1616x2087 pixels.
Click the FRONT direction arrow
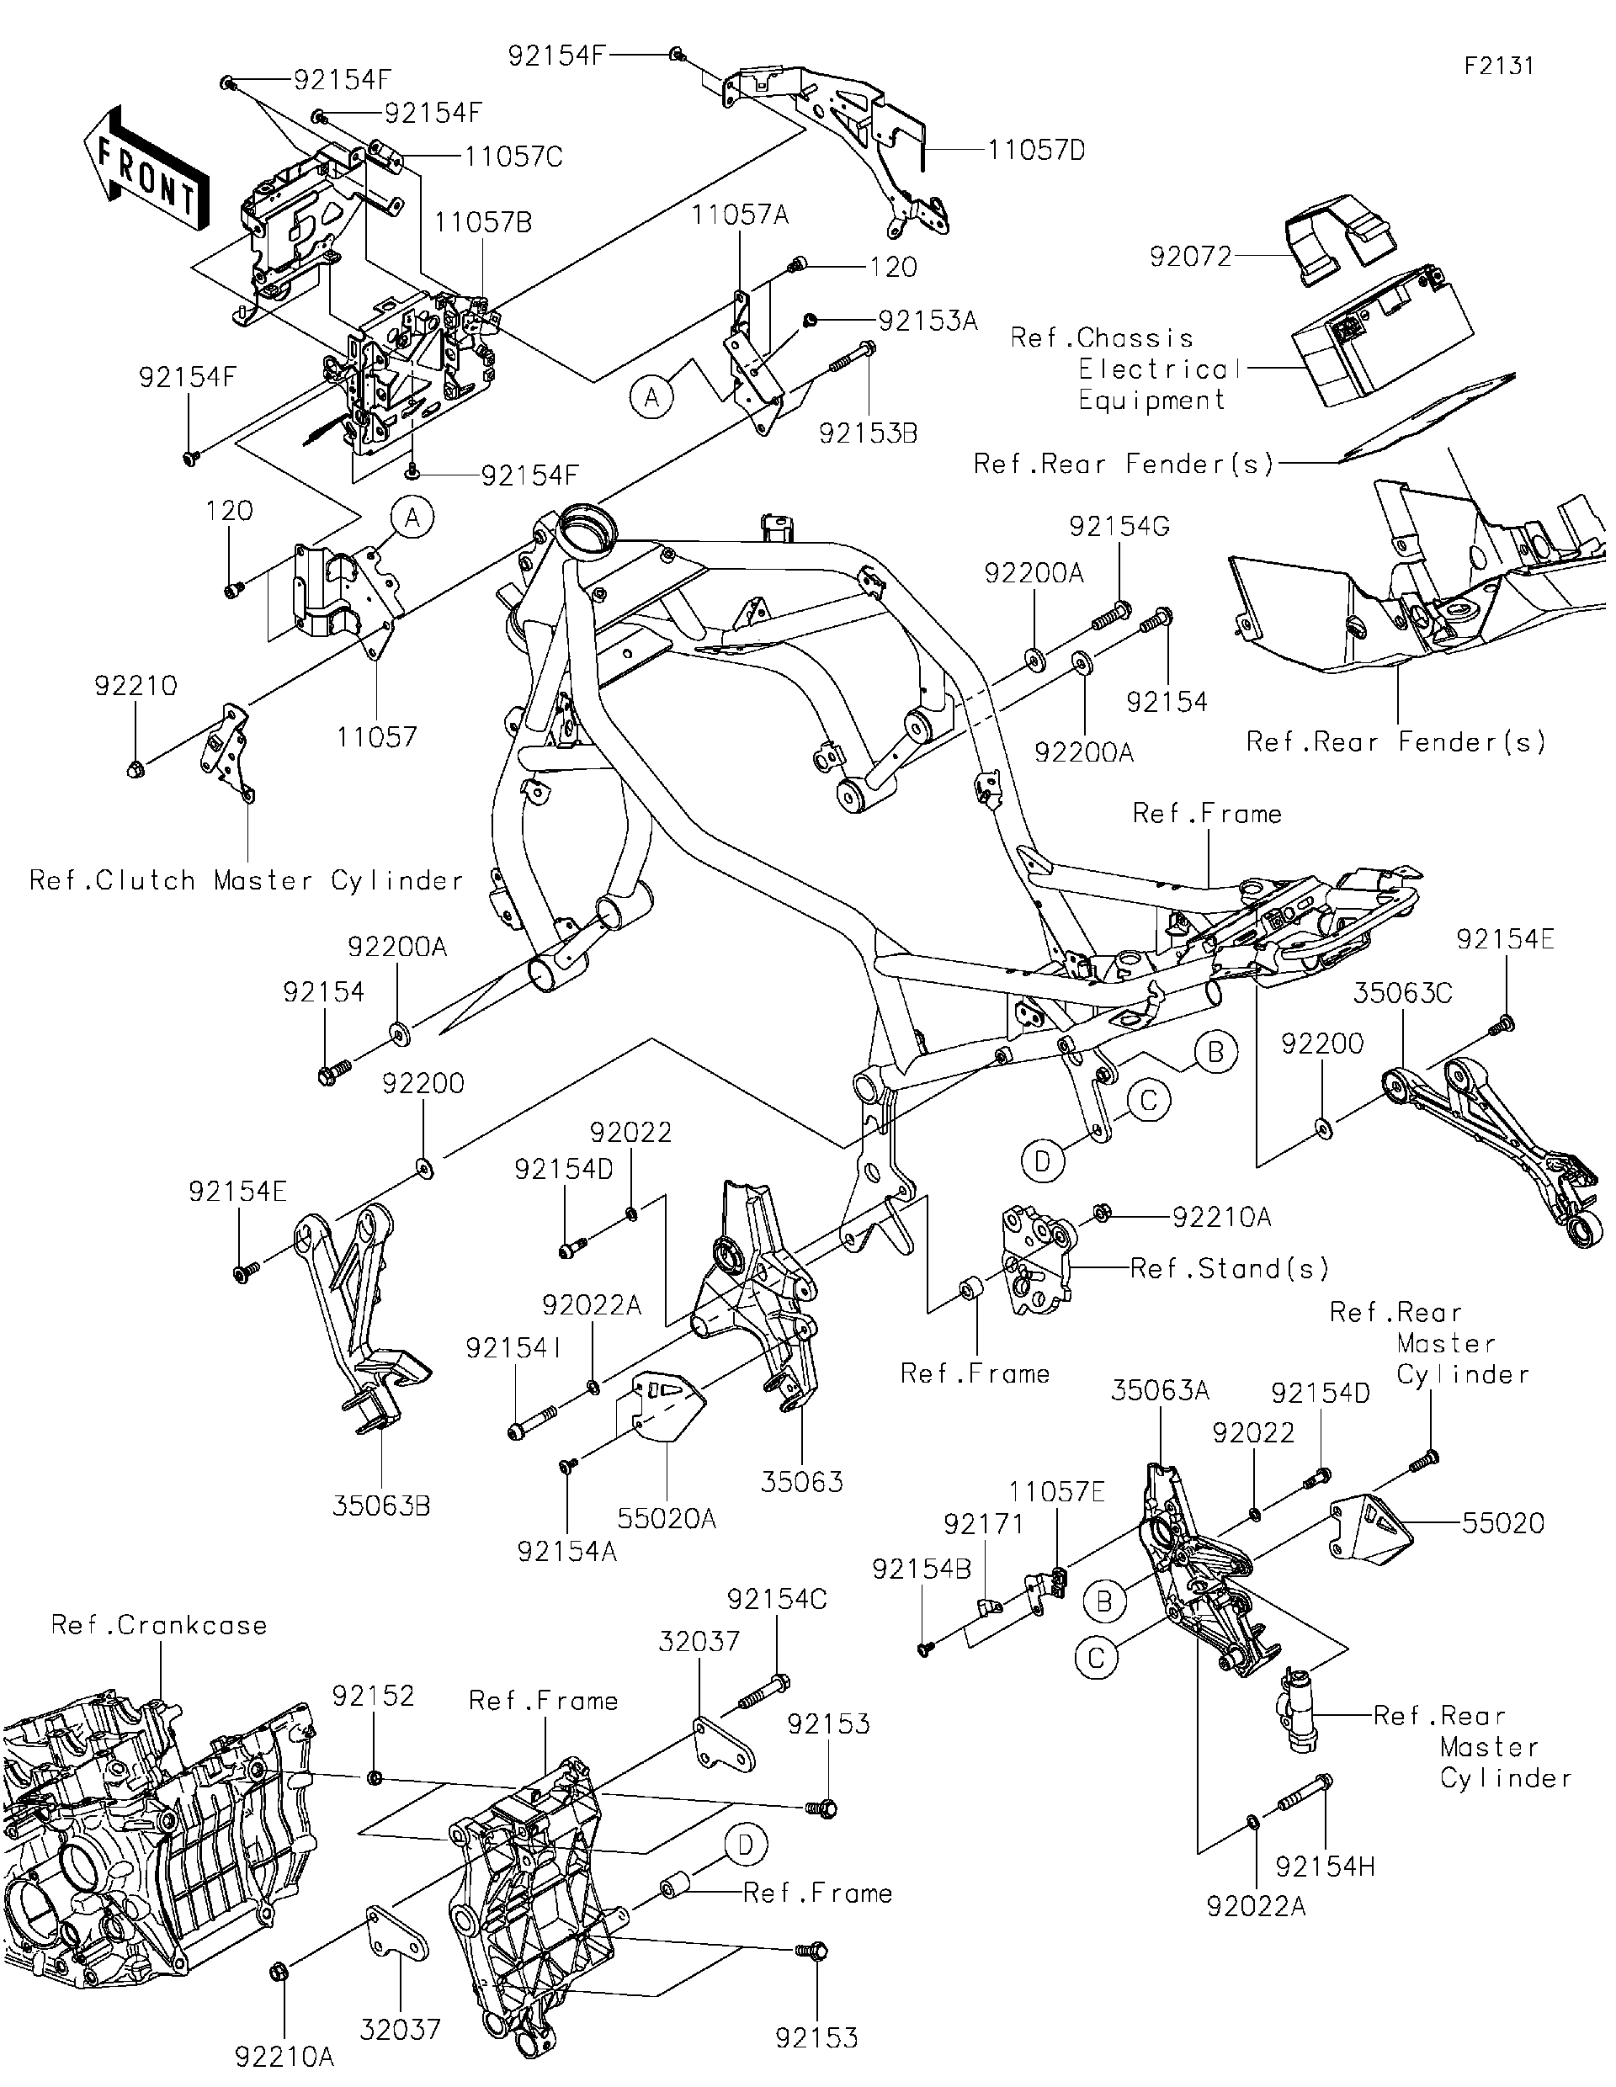click(146, 168)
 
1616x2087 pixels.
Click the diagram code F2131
click(1498, 66)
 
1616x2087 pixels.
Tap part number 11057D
click(1036, 151)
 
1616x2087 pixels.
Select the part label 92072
click(1190, 257)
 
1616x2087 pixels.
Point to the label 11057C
click(513, 157)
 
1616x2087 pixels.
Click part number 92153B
click(868, 434)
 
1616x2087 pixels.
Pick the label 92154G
click(1119, 527)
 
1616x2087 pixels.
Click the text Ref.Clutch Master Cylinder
click(246, 880)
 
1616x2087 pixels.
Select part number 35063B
click(381, 1506)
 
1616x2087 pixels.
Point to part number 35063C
click(1402, 994)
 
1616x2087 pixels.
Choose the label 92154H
click(1325, 1867)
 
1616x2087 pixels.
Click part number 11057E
click(1057, 1492)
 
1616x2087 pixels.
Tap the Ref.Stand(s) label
click(1229, 1269)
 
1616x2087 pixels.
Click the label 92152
click(373, 1697)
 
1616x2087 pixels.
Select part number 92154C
click(777, 1600)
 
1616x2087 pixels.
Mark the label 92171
click(983, 1525)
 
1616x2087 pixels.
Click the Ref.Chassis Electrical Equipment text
click(1128, 369)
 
